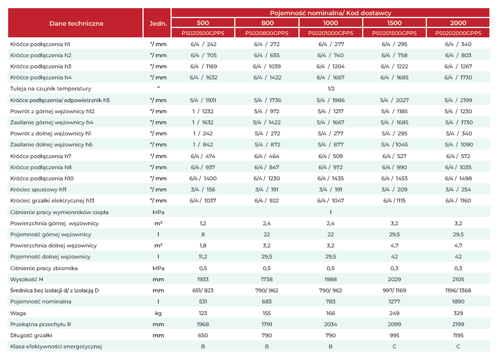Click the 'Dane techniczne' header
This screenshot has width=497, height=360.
point(77,23)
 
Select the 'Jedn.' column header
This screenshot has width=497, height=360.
point(158,23)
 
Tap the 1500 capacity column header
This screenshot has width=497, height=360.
point(394,23)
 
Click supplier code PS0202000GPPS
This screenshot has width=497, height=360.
point(458,33)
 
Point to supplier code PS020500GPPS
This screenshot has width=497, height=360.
point(203,33)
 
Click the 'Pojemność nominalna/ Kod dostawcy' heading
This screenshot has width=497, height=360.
point(331,13)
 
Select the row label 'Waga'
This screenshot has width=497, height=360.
point(18,313)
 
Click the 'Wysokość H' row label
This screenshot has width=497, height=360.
point(27,279)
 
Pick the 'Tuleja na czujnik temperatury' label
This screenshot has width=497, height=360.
point(51,89)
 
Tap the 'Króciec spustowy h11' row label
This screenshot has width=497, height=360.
point(39,190)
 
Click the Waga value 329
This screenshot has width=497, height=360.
point(458,313)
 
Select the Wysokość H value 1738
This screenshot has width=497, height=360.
point(267,279)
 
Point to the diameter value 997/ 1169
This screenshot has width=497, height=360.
point(394,291)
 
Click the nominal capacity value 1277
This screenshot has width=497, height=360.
point(394,302)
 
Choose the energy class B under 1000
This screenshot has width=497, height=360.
point(331,347)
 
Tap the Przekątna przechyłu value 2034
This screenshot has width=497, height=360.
point(331,324)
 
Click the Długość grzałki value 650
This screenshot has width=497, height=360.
point(203,335)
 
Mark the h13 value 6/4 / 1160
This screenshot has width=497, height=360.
point(458,201)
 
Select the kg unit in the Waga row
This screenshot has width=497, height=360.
point(158,313)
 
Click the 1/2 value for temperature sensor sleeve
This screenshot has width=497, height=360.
point(331,89)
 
